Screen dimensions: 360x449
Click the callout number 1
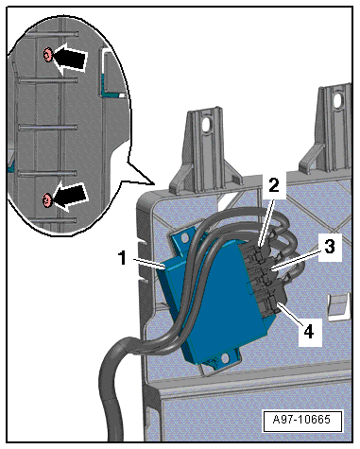click(122, 258)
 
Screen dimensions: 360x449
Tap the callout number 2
click(274, 184)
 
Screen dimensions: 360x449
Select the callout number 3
click(330, 247)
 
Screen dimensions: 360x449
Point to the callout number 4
click(309, 331)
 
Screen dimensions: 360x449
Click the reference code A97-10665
click(301, 420)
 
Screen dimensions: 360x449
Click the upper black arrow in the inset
click(69, 59)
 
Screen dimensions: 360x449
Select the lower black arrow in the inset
click(70, 197)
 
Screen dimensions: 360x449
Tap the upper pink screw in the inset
click(47, 55)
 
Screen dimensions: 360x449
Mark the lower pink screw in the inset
click(47, 199)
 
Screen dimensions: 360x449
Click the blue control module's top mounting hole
click(183, 237)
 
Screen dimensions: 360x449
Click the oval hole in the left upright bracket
click(207, 125)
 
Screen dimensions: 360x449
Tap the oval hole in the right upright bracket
click(340, 99)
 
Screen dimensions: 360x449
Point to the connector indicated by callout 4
click(270, 302)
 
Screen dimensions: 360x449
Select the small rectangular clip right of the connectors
click(339, 306)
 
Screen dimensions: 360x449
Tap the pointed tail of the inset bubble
click(154, 183)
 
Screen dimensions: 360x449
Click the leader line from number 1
click(149, 264)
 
